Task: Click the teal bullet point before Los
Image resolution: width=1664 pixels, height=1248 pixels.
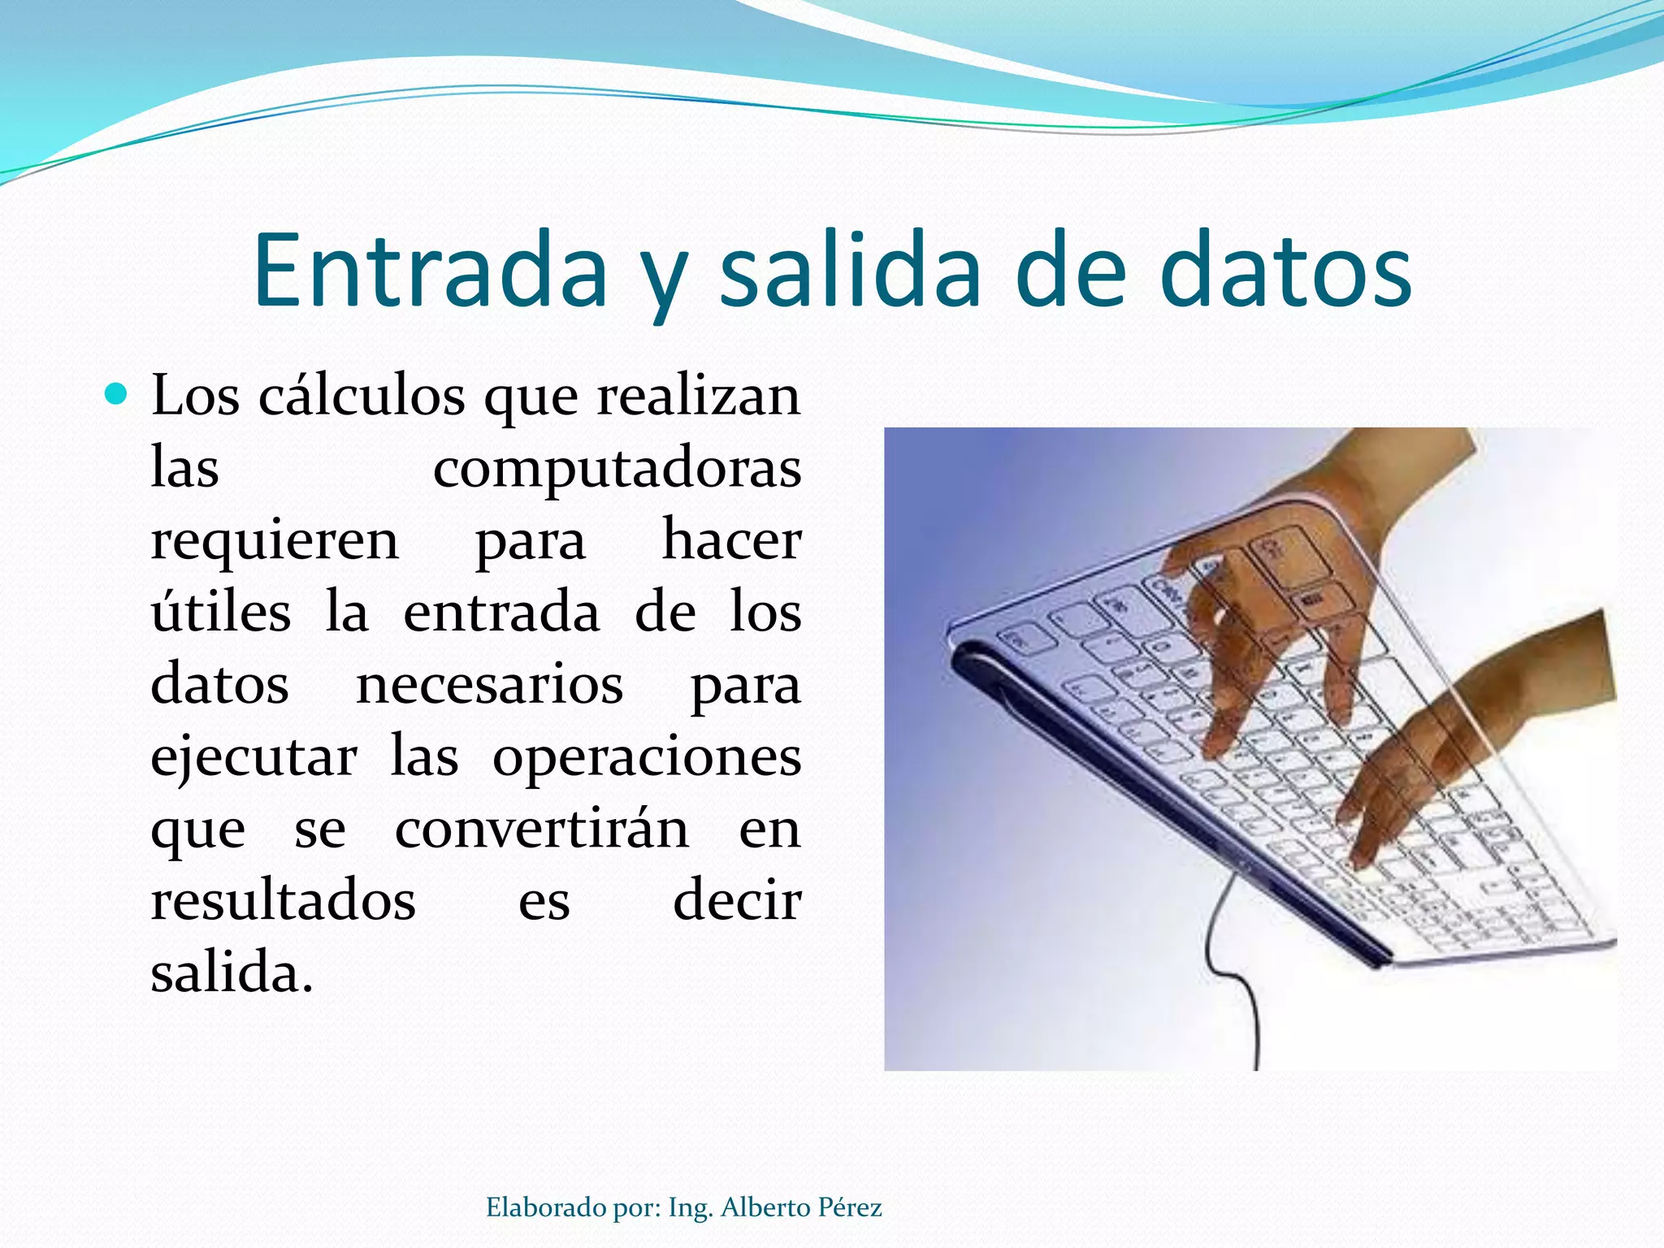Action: (x=117, y=395)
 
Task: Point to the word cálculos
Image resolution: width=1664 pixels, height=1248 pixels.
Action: (x=362, y=396)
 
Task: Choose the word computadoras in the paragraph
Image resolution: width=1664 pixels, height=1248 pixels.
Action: (x=617, y=470)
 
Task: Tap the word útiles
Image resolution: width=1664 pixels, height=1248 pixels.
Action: (x=221, y=613)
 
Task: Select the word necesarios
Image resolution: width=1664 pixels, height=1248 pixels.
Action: (x=489, y=685)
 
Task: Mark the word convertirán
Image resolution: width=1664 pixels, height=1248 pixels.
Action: (x=542, y=830)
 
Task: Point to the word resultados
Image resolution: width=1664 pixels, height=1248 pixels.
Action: (x=283, y=901)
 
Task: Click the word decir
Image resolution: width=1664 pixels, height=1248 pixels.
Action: (x=737, y=901)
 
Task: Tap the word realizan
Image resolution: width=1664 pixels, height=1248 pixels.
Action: (x=698, y=396)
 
